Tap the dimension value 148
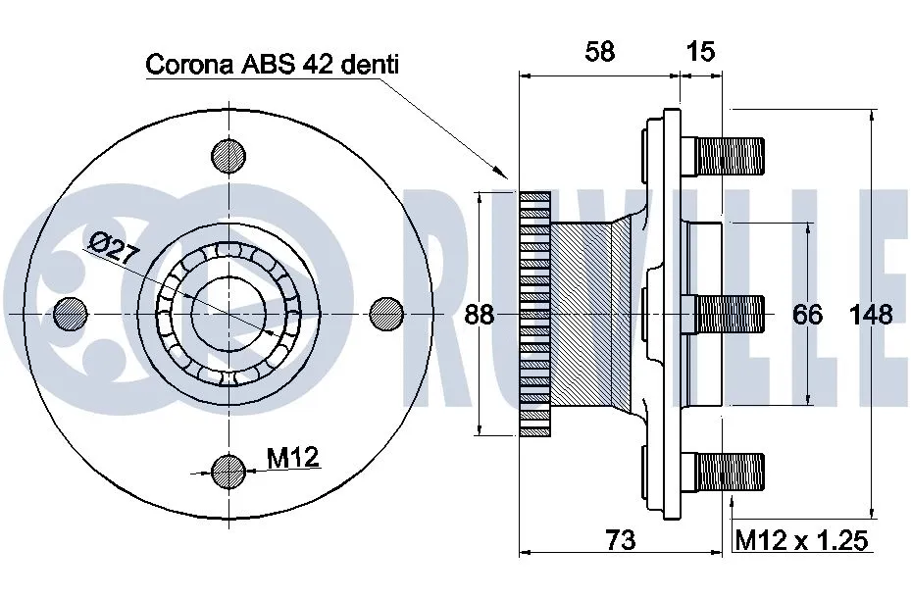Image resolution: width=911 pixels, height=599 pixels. pyautogui.click(x=871, y=314)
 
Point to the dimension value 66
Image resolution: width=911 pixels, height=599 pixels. pyautogui.click(x=806, y=314)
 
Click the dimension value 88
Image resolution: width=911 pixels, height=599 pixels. pyautogui.click(x=479, y=315)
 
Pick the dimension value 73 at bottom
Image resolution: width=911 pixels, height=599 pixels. pyautogui.click(x=620, y=539)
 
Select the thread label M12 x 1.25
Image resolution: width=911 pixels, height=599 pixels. pyautogui.click(x=801, y=539)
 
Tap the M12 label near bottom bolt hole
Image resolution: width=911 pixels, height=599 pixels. pyautogui.click(x=293, y=456)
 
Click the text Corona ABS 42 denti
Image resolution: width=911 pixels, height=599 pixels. pyautogui.click(x=273, y=65)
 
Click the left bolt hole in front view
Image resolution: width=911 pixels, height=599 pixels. pyautogui.click(x=71, y=314)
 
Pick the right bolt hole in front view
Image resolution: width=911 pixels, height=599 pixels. pyautogui.click(x=387, y=314)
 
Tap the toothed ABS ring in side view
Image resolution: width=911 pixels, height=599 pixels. pyautogui.click(x=534, y=314)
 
